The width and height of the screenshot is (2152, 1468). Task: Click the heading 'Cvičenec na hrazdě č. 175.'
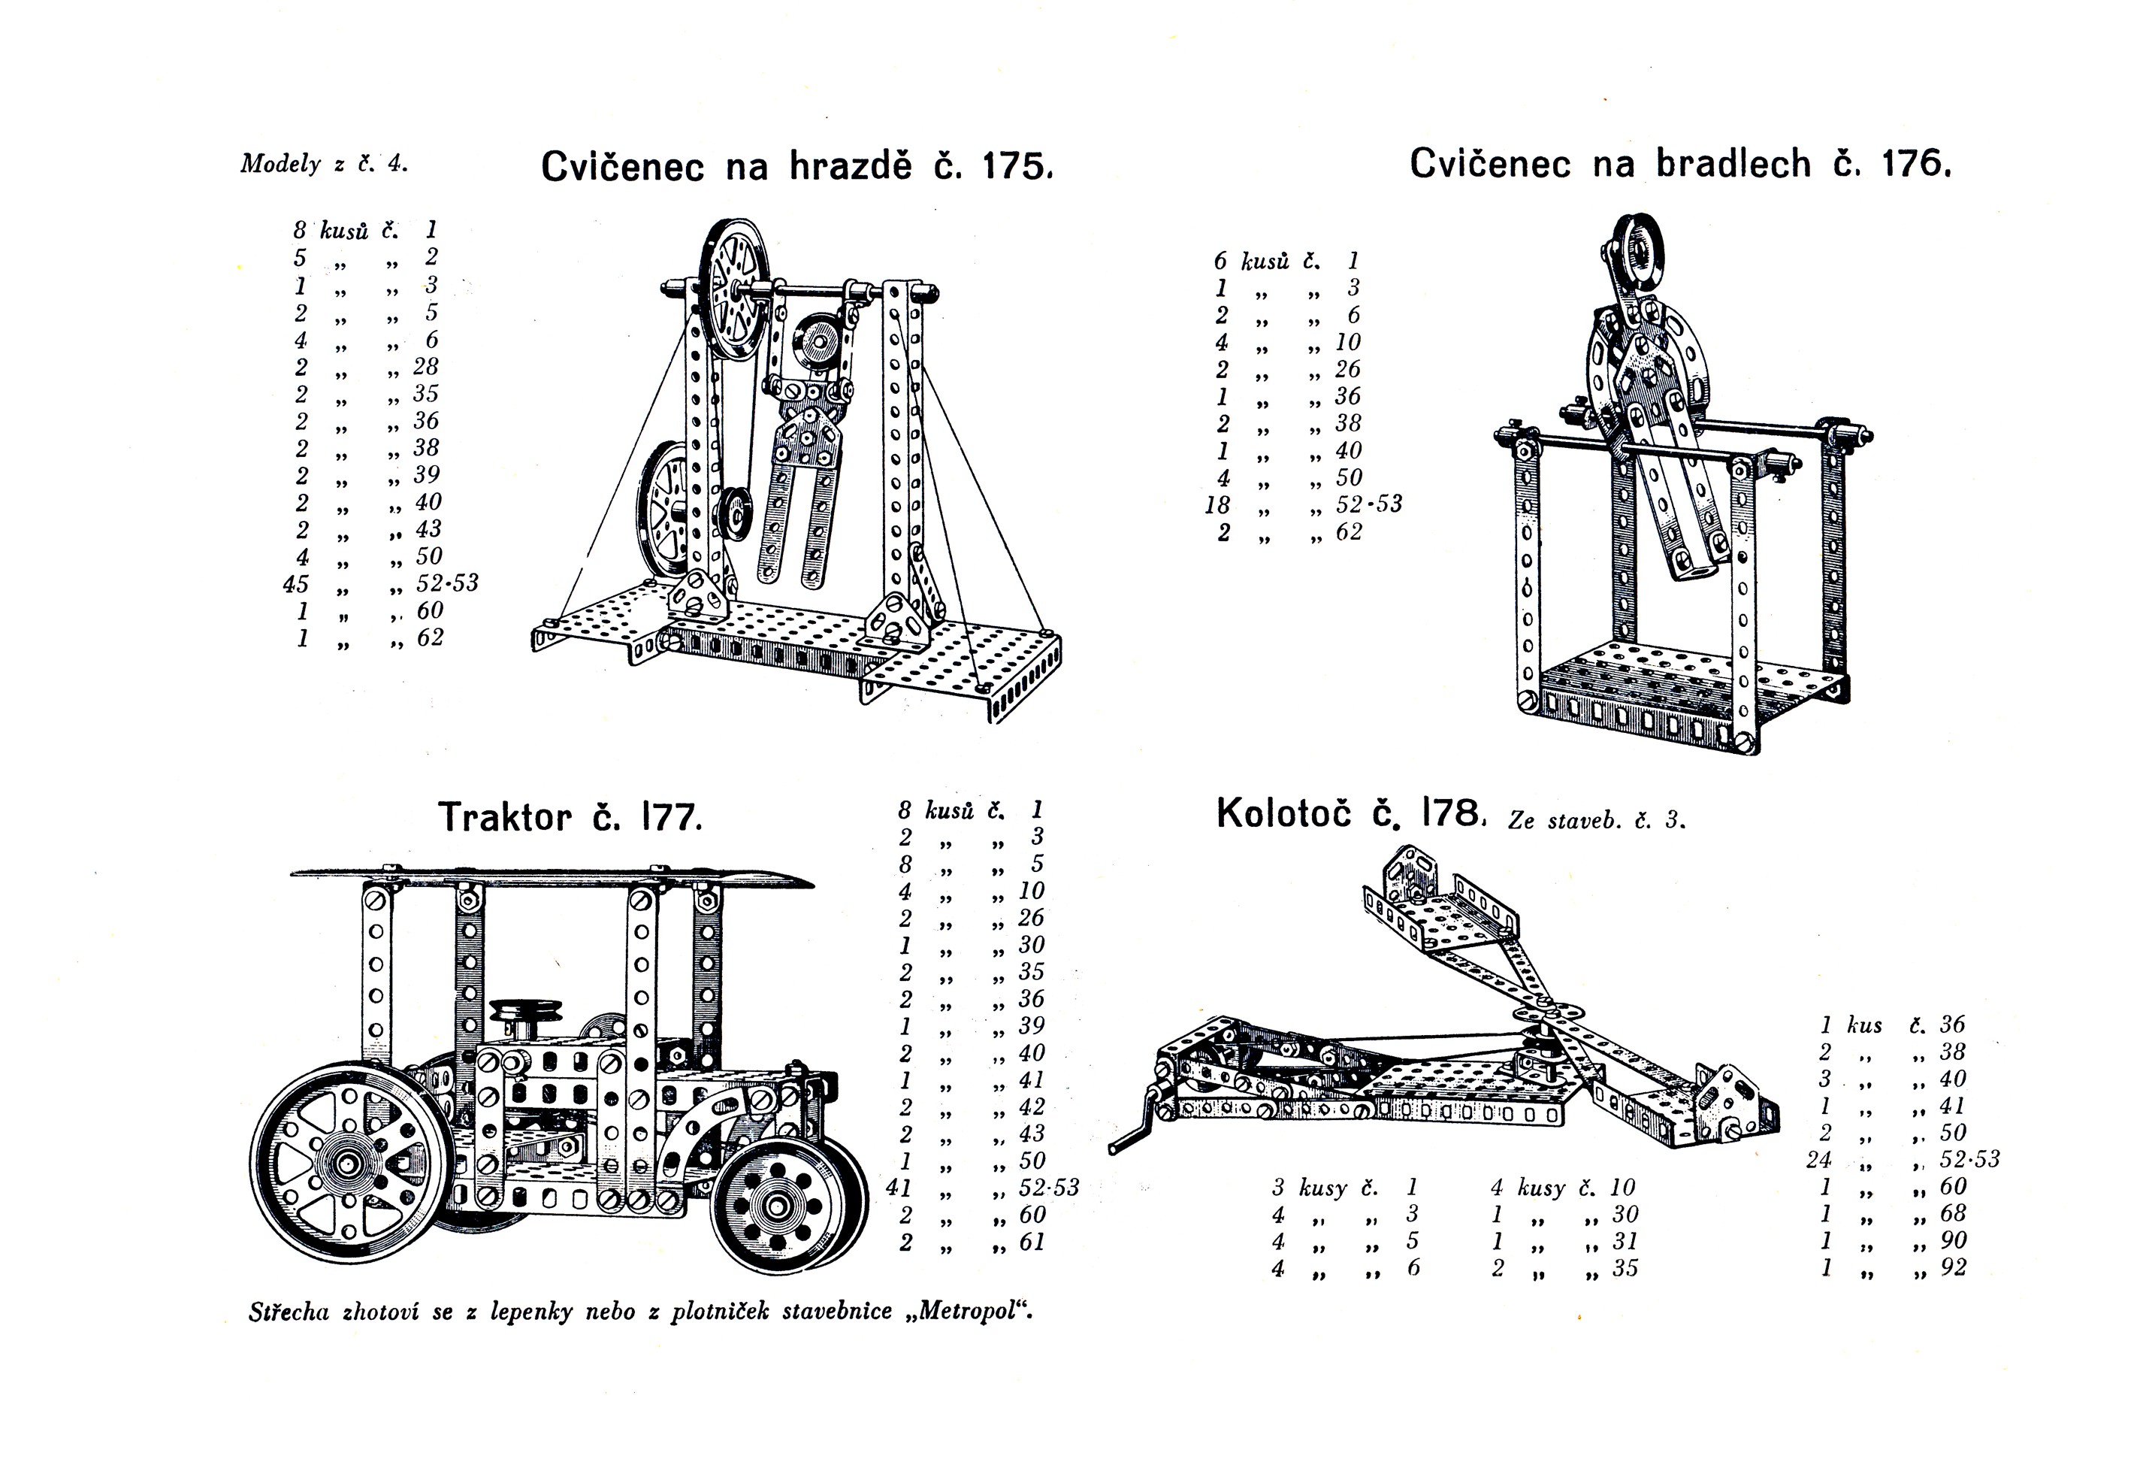(797, 166)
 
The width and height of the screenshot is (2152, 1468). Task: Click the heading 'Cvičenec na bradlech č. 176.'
(1681, 164)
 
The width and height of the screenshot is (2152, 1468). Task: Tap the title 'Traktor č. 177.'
(570, 817)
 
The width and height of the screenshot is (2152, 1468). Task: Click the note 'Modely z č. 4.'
(324, 164)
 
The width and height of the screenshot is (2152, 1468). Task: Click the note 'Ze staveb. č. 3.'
(1597, 819)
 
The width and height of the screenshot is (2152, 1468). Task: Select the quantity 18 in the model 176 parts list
(1218, 505)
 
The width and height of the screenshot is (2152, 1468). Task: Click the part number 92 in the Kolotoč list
(1953, 1268)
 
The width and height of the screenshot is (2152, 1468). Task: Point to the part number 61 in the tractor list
(1032, 1242)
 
